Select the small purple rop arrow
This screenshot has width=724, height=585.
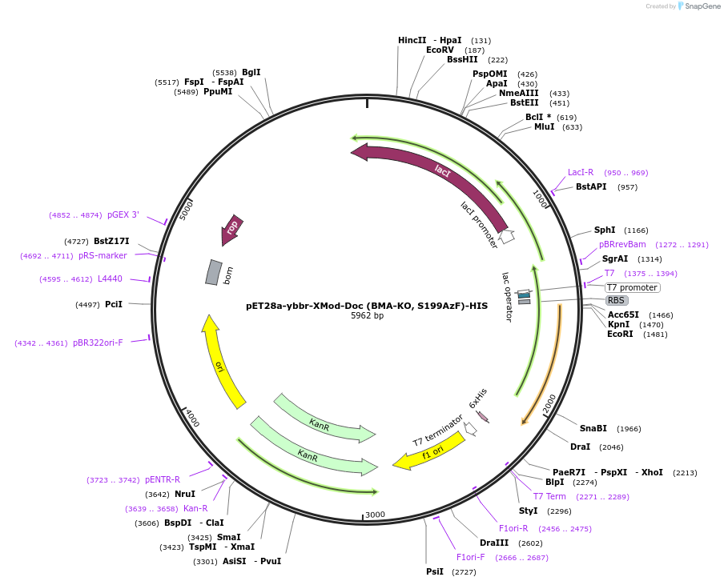(x=232, y=229)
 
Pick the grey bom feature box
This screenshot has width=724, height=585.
(x=213, y=272)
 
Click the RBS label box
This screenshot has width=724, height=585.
(x=616, y=301)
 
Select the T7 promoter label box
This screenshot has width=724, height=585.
(x=632, y=287)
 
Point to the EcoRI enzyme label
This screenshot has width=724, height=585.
(x=620, y=334)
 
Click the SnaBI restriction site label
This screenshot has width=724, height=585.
(x=593, y=428)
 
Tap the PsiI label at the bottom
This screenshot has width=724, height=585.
(x=435, y=571)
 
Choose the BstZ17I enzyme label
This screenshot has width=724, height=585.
(x=111, y=241)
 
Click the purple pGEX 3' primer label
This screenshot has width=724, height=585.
(x=123, y=214)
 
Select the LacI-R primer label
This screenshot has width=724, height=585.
(x=581, y=172)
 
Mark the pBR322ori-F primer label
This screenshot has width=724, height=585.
(x=98, y=343)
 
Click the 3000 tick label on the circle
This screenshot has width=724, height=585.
(x=376, y=515)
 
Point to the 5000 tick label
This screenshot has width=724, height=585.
(x=187, y=210)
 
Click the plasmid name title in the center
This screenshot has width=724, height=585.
(x=367, y=306)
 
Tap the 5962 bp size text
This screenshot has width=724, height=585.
(x=367, y=316)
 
